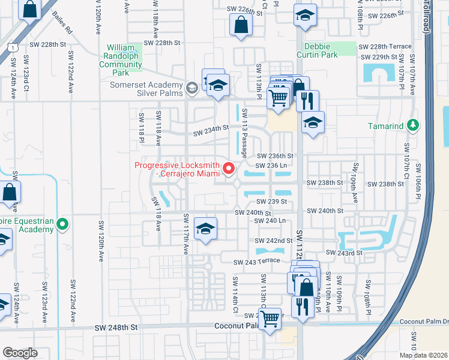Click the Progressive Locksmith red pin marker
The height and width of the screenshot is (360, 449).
point(229,169)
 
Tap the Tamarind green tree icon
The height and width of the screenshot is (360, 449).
point(412,125)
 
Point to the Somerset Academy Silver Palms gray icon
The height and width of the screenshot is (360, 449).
point(191,89)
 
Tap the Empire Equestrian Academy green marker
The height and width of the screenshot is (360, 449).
point(62,225)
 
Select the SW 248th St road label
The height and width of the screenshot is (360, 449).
point(116,328)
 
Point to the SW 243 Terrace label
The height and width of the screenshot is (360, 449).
point(258,262)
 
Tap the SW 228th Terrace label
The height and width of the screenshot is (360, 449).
point(385,47)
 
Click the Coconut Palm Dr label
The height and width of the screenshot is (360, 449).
point(424,321)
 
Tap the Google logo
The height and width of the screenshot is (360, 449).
point(20,353)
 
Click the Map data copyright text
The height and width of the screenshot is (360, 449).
point(424,355)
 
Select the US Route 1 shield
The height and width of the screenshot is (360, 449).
point(13,46)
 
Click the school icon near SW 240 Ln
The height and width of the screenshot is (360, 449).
point(205,229)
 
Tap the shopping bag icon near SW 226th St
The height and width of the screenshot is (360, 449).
point(240,26)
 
